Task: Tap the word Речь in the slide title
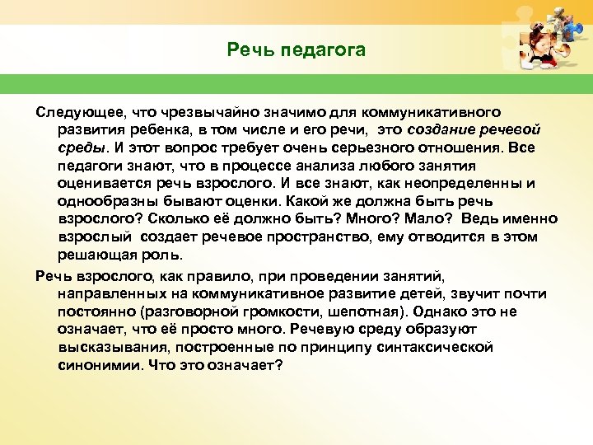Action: (x=252, y=51)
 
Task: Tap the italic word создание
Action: (x=437, y=129)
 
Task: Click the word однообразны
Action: (x=106, y=201)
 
